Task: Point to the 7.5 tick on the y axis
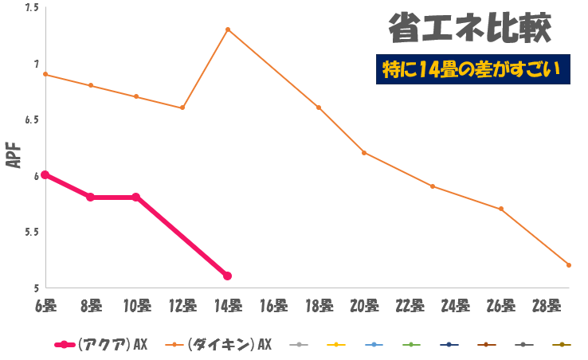click(x=32, y=8)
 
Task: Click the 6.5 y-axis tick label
click(x=32, y=119)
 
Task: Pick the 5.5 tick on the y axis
click(x=32, y=232)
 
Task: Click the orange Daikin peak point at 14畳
click(x=228, y=29)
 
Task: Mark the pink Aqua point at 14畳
click(x=228, y=276)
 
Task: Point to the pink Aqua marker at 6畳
click(x=45, y=174)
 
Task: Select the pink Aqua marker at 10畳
click(x=136, y=197)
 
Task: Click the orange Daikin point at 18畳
click(x=319, y=108)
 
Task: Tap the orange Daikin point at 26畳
click(x=500, y=209)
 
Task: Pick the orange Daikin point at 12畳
click(x=182, y=108)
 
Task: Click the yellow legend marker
click(x=336, y=344)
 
